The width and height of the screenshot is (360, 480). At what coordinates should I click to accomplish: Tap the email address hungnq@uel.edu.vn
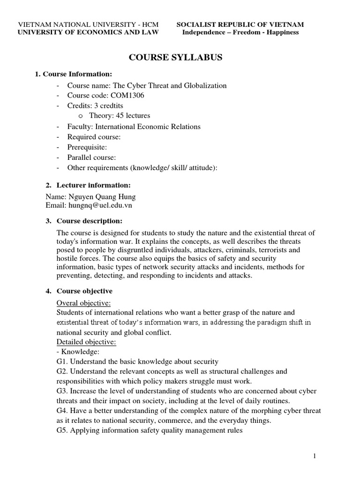pos(86,205)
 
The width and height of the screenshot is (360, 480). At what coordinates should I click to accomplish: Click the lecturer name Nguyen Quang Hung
pos(91,197)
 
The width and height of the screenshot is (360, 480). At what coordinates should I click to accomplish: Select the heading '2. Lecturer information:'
pos(93,185)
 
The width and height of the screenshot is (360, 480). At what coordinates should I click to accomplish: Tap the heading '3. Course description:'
pos(89,221)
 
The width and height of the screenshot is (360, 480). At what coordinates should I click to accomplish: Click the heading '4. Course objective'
pos(84,291)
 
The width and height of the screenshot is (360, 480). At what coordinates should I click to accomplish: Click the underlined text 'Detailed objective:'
pos(86,342)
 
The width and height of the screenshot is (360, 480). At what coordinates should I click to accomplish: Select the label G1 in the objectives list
pos(62,361)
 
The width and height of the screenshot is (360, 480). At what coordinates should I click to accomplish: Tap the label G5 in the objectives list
pos(62,430)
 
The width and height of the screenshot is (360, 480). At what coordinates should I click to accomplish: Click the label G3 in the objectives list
pos(62,391)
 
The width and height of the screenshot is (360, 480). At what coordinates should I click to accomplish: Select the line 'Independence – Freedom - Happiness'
pos(240,32)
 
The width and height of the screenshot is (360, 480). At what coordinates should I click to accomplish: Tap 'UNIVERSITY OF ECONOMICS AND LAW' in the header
pos(88,32)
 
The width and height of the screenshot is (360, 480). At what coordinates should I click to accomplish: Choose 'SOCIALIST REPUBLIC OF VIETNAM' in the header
pos(240,24)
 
